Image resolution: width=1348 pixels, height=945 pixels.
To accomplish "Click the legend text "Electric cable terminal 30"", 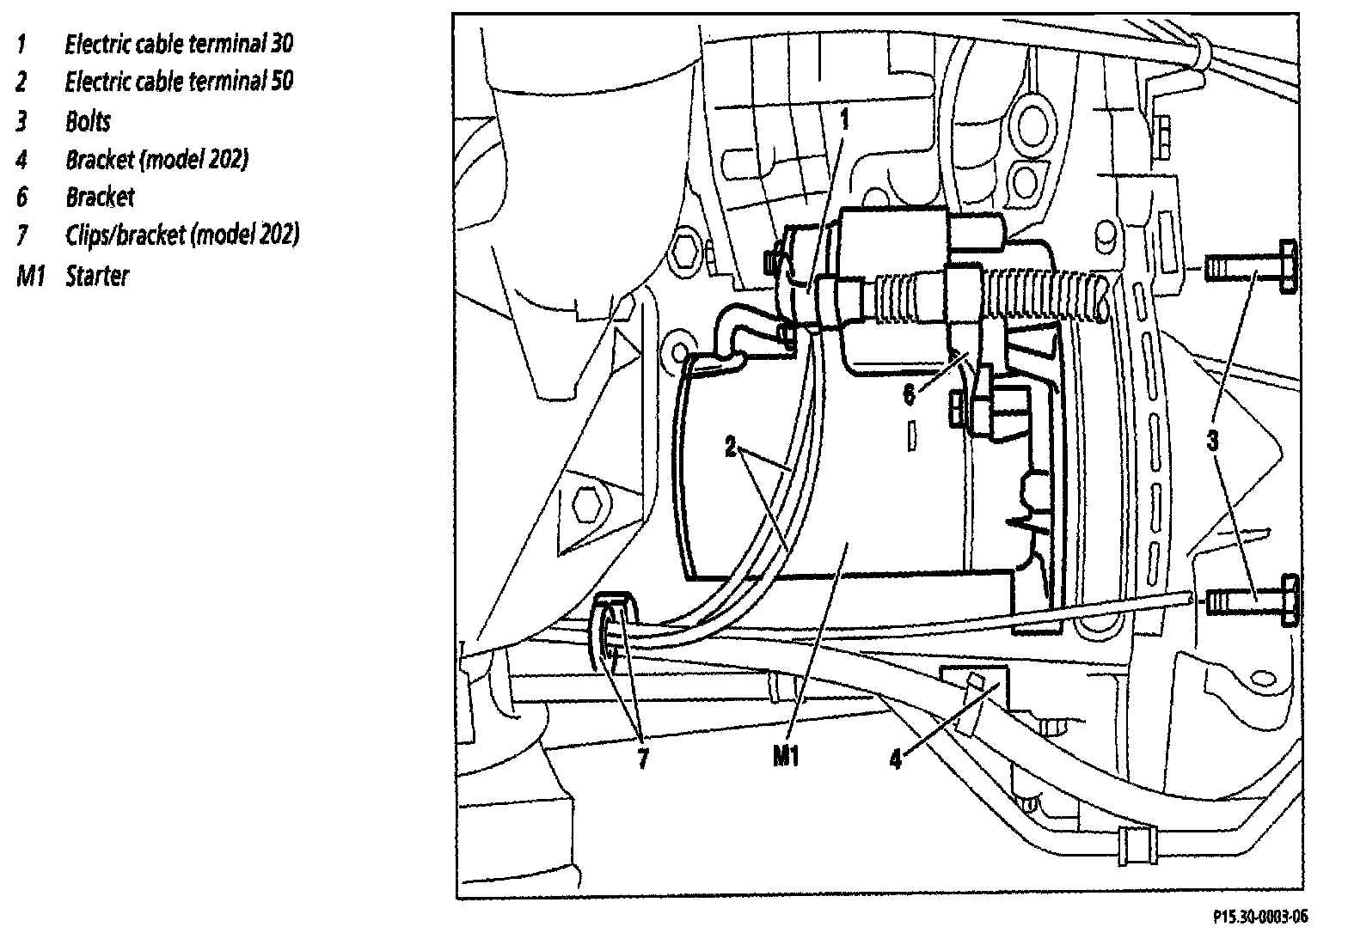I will click(179, 44).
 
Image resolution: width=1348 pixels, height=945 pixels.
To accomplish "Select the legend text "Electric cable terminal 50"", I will click(179, 82).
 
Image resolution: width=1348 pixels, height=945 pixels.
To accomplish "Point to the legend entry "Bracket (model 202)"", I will click(156, 159).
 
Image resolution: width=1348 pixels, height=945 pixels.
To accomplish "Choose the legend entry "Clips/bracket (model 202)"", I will click(182, 235).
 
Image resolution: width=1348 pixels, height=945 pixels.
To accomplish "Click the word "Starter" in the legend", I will click(96, 277).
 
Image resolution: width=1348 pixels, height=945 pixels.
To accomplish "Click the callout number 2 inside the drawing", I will click(731, 448).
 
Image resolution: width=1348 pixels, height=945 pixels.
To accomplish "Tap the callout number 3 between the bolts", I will click(1212, 442).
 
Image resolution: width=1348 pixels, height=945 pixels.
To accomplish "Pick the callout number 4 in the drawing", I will click(896, 759).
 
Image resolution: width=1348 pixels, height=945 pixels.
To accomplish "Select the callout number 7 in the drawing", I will click(642, 759).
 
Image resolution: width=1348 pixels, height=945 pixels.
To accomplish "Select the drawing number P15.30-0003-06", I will click(1260, 918).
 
